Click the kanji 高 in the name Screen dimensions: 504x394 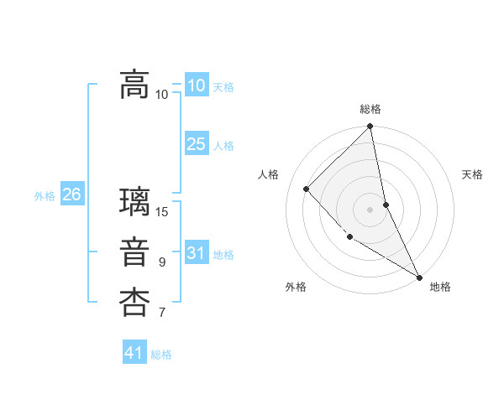(x=134, y=84)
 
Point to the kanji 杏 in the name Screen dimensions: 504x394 (x=134, y=303)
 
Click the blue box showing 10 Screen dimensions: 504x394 (x=196, y=86)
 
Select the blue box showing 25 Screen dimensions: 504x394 (x=196, y=144)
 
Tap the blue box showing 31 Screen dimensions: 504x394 (x=196, y=253)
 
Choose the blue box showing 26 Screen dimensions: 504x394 (x=71, y=194)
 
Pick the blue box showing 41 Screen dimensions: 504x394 (x=134, y=353)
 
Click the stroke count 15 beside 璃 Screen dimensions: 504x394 (x=162, y=211)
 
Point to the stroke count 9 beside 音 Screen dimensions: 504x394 (x=162, y=262)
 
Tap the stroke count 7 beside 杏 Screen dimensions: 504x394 (x=162, y=314)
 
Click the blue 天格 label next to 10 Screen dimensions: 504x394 (x=223, y=87)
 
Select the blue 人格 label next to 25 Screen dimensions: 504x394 (x=223, y=146)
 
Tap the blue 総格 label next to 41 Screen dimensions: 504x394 (x=161, y=355)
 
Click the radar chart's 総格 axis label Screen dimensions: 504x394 (x=370, y=109)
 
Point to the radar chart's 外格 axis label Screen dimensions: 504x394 (x=296, y=287)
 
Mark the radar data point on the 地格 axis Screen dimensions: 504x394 (x=418, y=276)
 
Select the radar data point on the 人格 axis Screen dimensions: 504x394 (x=307, y=189)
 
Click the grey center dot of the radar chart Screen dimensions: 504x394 (x=370, y=210)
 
